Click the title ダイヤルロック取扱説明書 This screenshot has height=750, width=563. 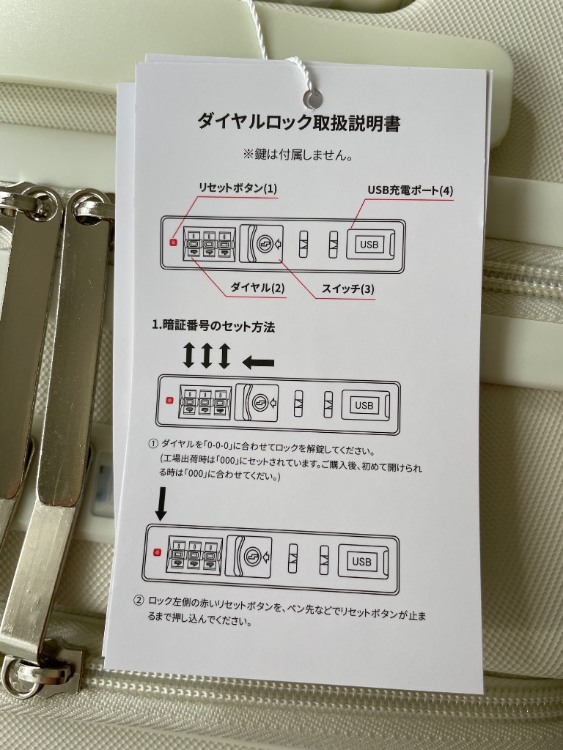point(299,122)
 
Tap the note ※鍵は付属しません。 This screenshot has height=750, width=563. point(299,155)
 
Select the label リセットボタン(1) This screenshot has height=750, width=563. point(238,188)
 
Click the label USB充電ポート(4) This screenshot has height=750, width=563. point(411,190)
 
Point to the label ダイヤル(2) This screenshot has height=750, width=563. point(257,287)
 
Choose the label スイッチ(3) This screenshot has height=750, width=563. point(348,289)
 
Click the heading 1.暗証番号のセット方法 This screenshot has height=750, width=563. point(213,327)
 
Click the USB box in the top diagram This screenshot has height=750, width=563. point(369,245)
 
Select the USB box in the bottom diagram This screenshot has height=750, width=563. point(361,562)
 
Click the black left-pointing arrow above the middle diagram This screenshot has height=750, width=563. point(258,363)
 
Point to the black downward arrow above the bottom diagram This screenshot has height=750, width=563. point(161,504)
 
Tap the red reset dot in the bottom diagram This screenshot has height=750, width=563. point(157,553)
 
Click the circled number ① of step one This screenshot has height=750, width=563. point(153,444)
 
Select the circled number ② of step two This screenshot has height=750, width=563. point(139,601)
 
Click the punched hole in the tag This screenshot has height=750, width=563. point(313,100)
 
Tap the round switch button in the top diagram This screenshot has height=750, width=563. point(265,244)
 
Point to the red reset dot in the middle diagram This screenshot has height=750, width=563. point(169,400)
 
